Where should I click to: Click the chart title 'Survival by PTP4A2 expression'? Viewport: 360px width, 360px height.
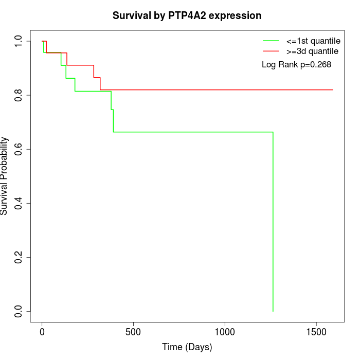coord(187,16)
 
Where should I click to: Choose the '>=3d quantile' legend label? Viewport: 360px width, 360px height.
coord(312,51)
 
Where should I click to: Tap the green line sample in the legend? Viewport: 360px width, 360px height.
coord(271,41)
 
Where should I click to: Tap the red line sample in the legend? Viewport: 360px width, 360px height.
coord(271,51)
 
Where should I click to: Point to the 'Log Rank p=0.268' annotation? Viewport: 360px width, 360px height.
coord(296,65)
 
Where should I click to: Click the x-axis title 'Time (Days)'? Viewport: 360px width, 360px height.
coord(187,347)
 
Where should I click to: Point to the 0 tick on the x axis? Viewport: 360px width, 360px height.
coord(42,332)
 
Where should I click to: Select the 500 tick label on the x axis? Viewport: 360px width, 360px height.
coord(133,332)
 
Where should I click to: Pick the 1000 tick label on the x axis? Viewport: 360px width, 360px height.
coord(225,332)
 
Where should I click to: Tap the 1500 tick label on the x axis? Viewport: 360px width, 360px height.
coord(316,332)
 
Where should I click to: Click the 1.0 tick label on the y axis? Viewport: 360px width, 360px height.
coord(19,41)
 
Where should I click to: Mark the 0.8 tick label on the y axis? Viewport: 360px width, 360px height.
coord(19,95)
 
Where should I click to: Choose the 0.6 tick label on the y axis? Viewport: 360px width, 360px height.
coord(19,149)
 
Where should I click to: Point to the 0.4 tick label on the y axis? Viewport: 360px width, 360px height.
coord(19,203)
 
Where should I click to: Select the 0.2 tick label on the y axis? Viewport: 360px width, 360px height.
coord(19,257)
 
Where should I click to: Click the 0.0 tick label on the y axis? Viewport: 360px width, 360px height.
coord(19,311)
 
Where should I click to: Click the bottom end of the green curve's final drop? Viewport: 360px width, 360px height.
coord(273,311)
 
